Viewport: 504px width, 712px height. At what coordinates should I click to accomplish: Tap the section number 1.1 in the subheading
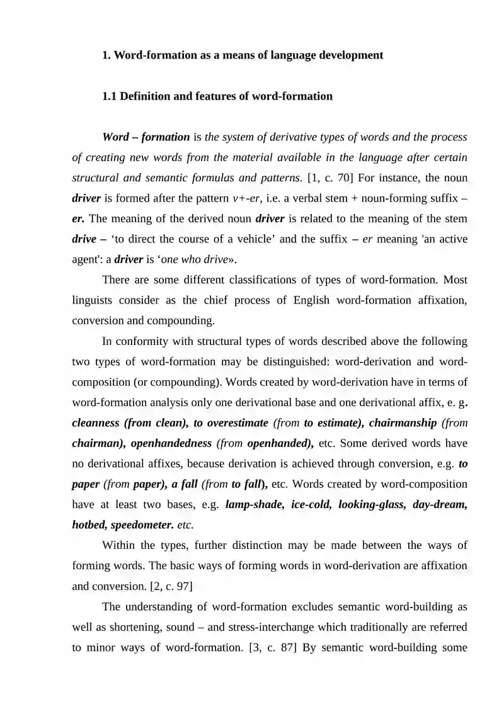pyautogui.click(x=109, y=96)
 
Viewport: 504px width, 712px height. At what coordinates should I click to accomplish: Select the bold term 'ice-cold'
pyautogui.click(x=311, y=504)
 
